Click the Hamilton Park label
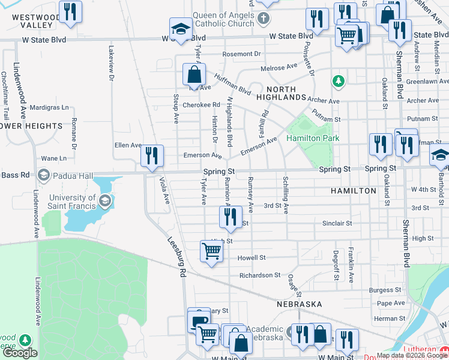(x=313, y=139)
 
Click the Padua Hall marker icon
(x=43, y=176)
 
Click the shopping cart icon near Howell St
(x=211, y=251)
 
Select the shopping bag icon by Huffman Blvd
(x=194, y=75)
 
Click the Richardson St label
(x=260, y=275)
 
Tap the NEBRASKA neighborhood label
(x=300, y=304)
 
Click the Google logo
(x=20, y=353)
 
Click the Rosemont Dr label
(x=243, y=54)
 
